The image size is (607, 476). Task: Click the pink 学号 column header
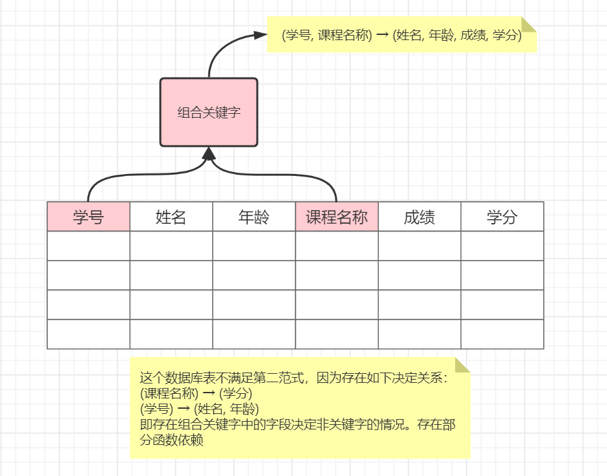tap(89, 217)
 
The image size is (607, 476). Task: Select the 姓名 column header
tap(171, 217)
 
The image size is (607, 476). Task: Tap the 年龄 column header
tap(254, 217)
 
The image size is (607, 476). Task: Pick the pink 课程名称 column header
tap(337, 217)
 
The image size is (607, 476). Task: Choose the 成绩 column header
tap(420, 217)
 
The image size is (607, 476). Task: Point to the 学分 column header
tap(502, 217)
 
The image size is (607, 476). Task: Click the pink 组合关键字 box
tap(209, 113)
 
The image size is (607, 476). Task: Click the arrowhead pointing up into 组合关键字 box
tap(208, 154)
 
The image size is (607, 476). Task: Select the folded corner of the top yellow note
tap(529, 24)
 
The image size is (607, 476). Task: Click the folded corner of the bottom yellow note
tap(462, 365)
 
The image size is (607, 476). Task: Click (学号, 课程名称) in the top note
tap(327, 36)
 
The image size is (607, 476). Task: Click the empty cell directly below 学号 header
tap(89, 246)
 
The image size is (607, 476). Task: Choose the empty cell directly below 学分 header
tap(502, 246)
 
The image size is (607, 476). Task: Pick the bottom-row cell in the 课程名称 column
tap(337, 334)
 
